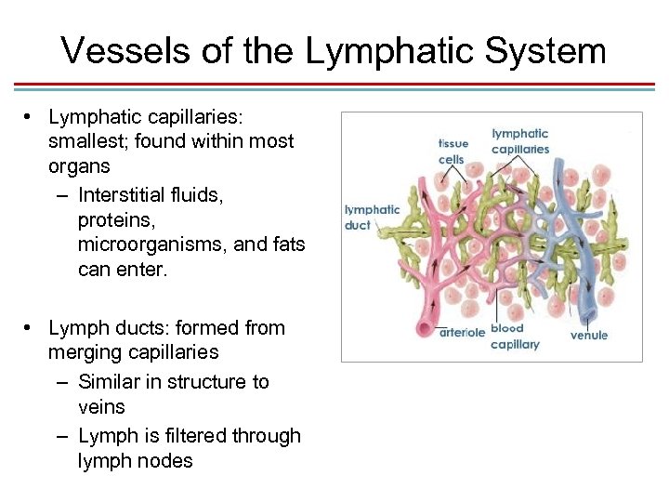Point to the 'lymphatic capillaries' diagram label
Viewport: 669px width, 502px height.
pos(519,141)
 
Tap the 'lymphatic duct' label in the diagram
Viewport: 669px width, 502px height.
pos(372,218)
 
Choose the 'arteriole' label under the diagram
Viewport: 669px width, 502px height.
pos(463,332)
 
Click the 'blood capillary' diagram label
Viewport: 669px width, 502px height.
pos(514,337)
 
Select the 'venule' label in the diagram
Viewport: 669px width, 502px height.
pos(589,335)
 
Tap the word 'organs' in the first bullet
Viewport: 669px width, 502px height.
pos(79,166)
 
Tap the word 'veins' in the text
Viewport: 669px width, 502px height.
pos(101,407)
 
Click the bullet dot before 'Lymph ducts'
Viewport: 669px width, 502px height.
pos(31,327)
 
